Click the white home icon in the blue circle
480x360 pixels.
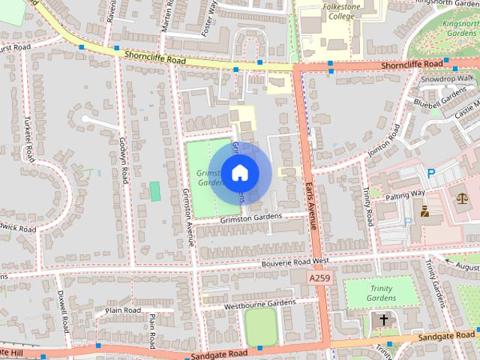239,173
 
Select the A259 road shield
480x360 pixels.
319,277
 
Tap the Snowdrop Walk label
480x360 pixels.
447,78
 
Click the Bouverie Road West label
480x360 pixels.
295,262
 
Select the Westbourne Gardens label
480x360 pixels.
259,304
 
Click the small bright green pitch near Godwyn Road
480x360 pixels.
155,191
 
